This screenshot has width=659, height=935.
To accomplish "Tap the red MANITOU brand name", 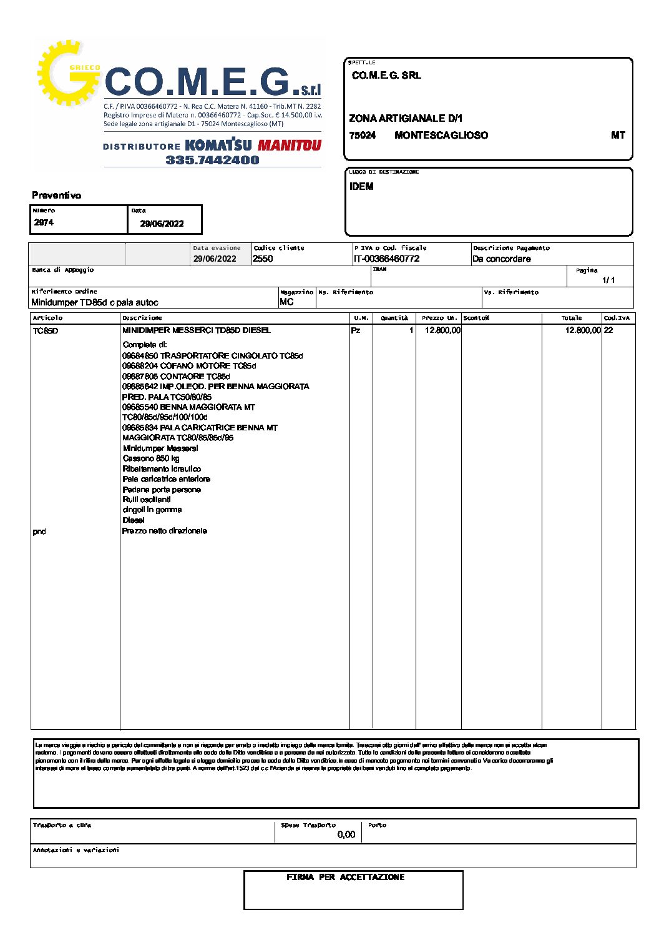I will pyautogui.click(x=289, y=146).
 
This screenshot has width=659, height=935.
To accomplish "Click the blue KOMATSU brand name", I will pyautogui.click(x=218, y=146).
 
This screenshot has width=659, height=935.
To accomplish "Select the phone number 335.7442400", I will pyautogui.click(x=212, y=160).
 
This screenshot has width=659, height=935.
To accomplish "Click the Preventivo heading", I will pyautogui.click(x=56, y=195).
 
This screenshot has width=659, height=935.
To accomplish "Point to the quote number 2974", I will pyautogui.click(x=44, y=222).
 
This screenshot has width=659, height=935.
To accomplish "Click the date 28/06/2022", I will pyautogui.click(x=162, y=224).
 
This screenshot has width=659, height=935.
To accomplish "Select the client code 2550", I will pyautogui.click(x=263, y=259).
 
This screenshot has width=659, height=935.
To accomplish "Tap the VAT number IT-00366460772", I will pyautogui.click(x=386, y=259).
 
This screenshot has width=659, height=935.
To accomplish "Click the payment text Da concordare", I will pyautogui.click(x=501, y=259).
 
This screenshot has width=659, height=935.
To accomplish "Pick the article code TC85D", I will pyautogui.click(x=45, y=330).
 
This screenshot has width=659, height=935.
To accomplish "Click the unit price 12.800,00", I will pyautogui.click(x=442, y=330).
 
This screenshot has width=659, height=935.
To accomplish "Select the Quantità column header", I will pyautogui.click(x=394, y=318).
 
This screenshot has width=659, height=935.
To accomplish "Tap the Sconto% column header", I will pyautogui.click(x=476, y=318).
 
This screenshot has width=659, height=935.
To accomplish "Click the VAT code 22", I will pyautogui.click(x=608, y=330).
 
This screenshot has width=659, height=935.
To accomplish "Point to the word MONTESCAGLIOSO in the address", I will pyautogui.click(x=441, y=135).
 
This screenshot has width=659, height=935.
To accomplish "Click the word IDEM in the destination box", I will pyautogui.click(x=361, y=186).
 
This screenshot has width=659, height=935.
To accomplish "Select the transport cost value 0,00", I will pyautogui.click(x=346, y=834).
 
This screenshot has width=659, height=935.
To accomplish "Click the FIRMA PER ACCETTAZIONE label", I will pyautogui.click(x=345, y=877).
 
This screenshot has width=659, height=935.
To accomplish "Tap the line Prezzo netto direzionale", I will pyautogui.click(x=165, y=531).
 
